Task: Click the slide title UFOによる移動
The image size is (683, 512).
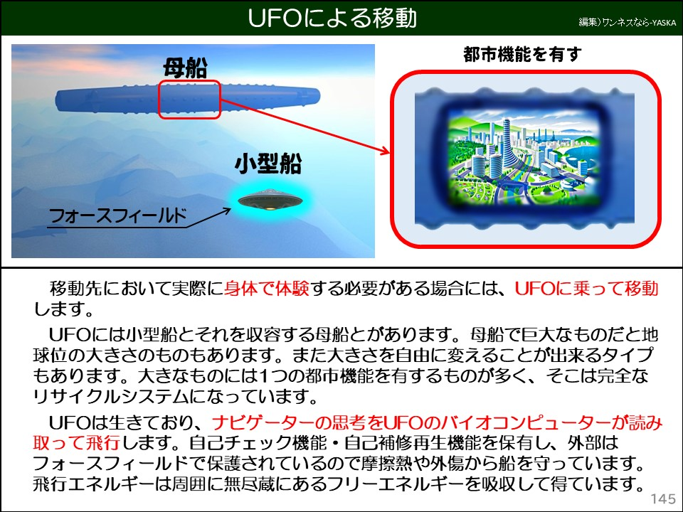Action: coord(332,18)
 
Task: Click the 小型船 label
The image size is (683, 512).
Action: coord(268,165)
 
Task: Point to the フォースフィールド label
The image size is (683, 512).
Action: coord(117,215)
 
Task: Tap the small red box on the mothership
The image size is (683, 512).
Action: coord(189,100)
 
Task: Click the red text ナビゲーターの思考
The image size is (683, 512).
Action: coord(302,424)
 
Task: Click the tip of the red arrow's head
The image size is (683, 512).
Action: coord(391,151)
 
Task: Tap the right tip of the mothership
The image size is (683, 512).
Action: coord(319,95)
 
